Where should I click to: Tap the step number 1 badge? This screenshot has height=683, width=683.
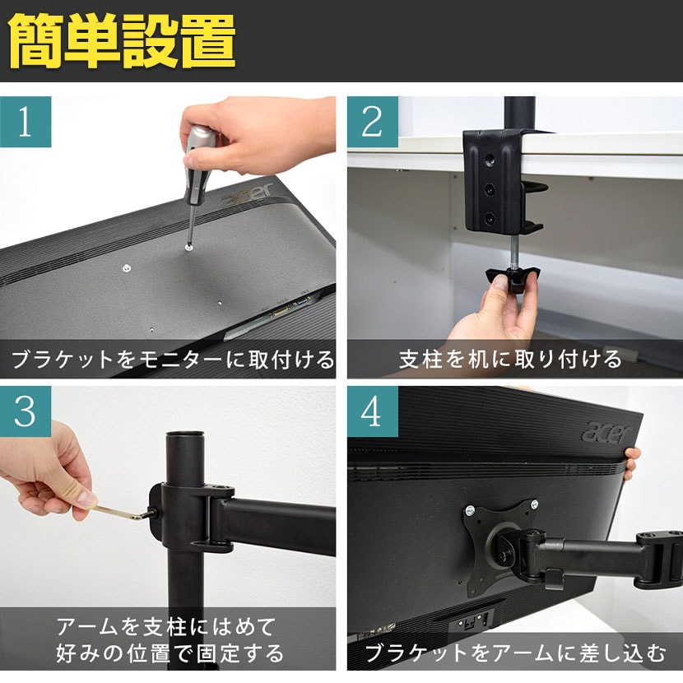(26, 122)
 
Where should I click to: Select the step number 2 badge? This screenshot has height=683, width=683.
(372, 122)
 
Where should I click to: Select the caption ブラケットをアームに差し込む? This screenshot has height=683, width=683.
(515, 654)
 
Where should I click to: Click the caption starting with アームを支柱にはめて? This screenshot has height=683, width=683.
(170, 640)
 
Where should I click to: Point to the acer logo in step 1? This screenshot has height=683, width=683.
(248, 196)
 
